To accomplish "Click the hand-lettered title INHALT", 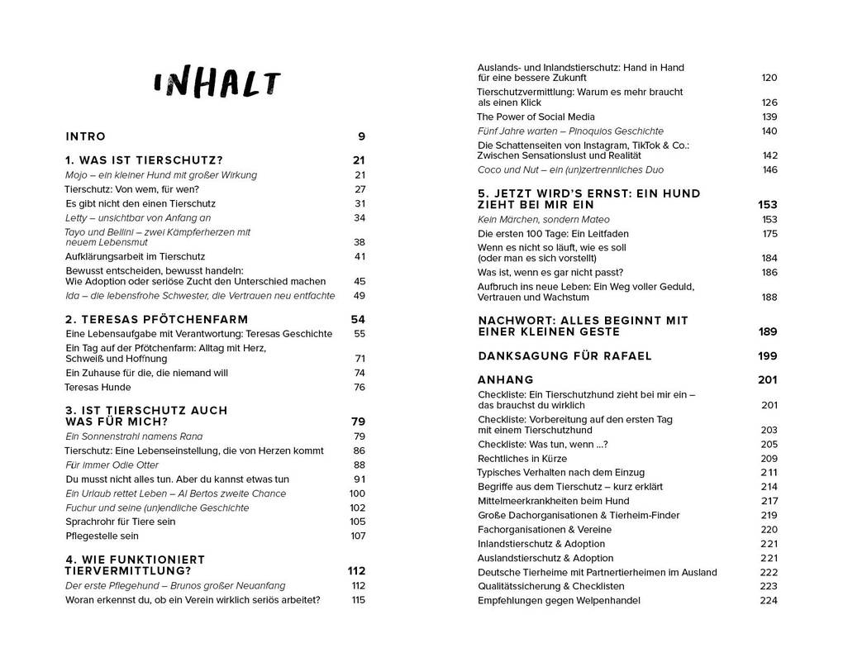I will (x=217, y=84).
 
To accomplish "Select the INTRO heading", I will (x=86, y=136).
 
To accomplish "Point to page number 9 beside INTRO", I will (x=361, y=136).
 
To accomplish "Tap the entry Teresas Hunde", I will (x=98, y=387).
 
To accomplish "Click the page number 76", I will (x=360, y=387).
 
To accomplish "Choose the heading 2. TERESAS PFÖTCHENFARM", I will (x=156, y=319).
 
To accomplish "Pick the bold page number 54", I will (x=358, y=319).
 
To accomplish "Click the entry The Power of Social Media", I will (x=536, y=117).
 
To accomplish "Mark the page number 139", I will (x=769, y=117).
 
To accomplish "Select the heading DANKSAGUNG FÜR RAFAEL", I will (x=564, y=355).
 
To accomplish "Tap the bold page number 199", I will (x=768, y=355).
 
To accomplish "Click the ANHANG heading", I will (x=506, y=380).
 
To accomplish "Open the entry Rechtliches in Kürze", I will (x=522, y=458).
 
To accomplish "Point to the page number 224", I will (x=769, y=600).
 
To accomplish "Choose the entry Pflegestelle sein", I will (x=102, y=536).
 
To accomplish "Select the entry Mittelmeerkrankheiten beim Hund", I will (x=553, y=501).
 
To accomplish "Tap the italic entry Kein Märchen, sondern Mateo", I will (x=543, y=219).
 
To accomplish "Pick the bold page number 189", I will (x=768, y=331).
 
